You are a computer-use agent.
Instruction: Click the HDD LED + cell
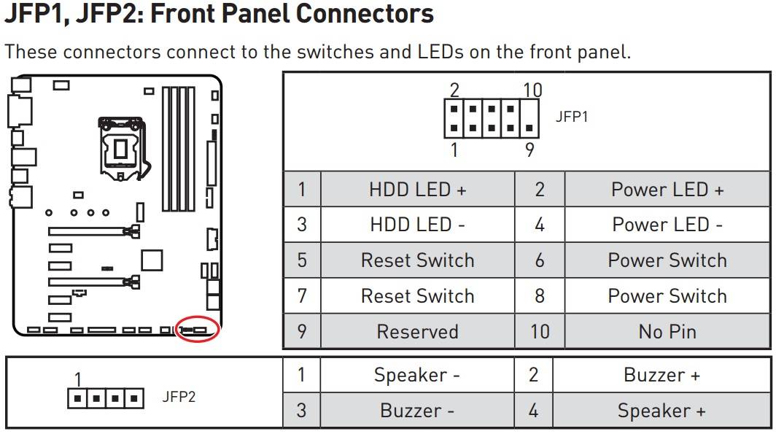tap(418, 190)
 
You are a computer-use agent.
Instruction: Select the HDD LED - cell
tap(418, 225)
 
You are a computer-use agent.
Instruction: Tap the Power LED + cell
tap(667, 190)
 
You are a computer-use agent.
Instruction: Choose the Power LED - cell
tap(667, 225)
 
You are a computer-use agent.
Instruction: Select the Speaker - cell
tap(417, 375)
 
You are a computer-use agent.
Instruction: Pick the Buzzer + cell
tap(661, 375)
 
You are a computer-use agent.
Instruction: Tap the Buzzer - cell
tap(417, 411)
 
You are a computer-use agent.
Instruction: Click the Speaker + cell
tap(661, 411)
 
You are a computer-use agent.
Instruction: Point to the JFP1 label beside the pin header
tap(572, 117)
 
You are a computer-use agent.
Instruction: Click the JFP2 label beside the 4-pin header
tap(179, 397)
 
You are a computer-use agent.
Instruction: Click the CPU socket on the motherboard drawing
tap(121, 148)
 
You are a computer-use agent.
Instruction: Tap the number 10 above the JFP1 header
tap(532, 90)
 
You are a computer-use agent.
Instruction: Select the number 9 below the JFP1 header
tap(529, 149)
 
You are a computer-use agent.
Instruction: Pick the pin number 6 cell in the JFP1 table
tap(540, 260)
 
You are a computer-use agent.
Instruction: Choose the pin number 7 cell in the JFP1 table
tap(302, 296)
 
